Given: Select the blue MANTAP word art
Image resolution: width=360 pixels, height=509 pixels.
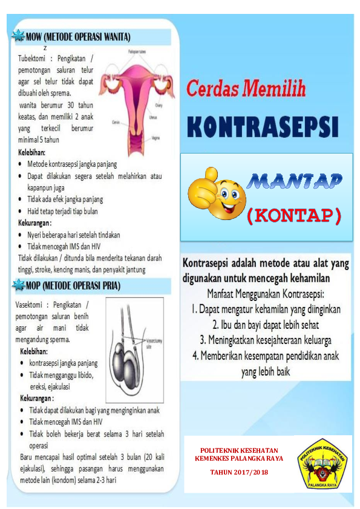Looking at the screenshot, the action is pos(296,180).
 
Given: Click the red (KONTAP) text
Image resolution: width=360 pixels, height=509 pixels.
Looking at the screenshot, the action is pos(294,215).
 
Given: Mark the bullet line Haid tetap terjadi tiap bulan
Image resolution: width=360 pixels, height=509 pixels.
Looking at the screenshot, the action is pos(62,212).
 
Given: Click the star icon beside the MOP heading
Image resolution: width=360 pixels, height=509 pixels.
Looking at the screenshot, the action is pos(19,285).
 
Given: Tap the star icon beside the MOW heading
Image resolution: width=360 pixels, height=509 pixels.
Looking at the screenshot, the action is pos(19,36).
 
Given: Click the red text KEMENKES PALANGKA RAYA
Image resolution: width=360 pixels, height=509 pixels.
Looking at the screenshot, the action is pos(238,459).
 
